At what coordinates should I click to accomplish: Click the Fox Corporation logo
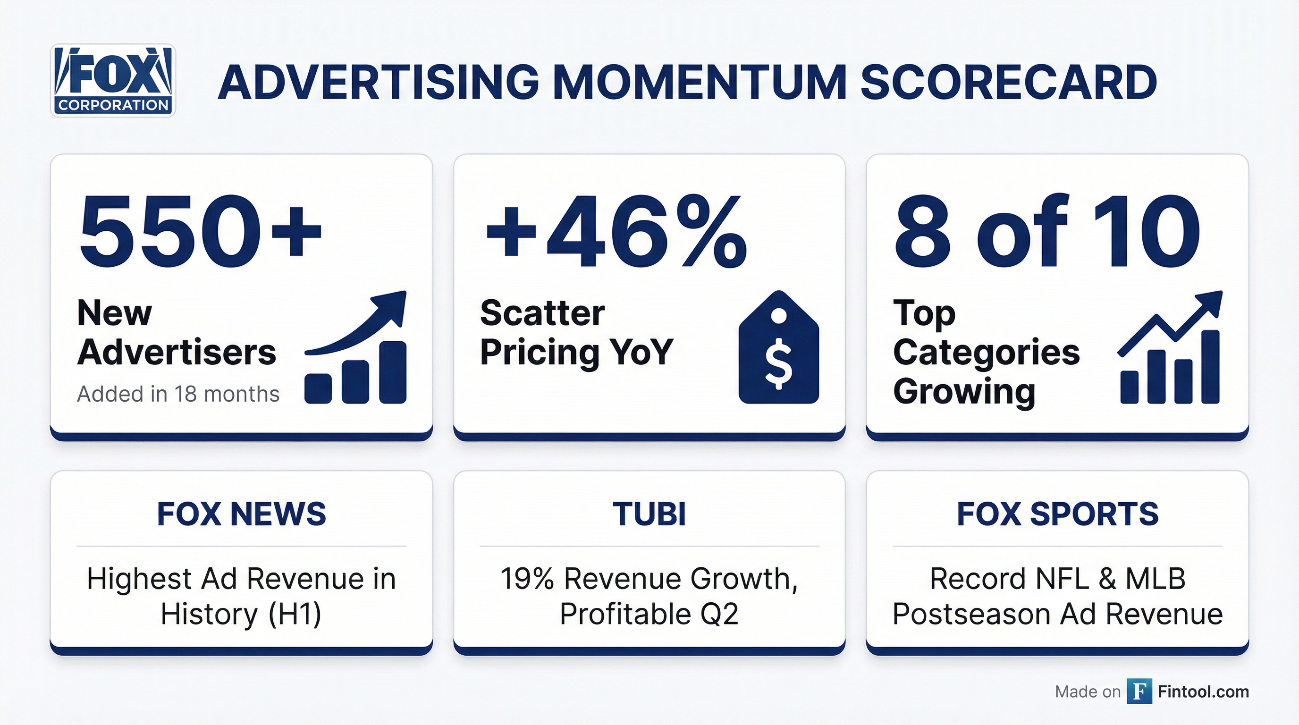click(113, 81)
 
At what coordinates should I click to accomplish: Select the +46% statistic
click(616, 232)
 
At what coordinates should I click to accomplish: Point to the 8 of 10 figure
click(1047, 232)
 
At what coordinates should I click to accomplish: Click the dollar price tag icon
click(778, 348)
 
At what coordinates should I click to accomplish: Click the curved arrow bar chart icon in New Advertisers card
click(356, 348)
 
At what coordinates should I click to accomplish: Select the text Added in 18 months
click(178, 394)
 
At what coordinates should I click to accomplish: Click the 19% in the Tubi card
click(527, 579)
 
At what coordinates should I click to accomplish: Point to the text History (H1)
click(241, 614)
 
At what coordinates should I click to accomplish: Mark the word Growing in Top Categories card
click(964, 392)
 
